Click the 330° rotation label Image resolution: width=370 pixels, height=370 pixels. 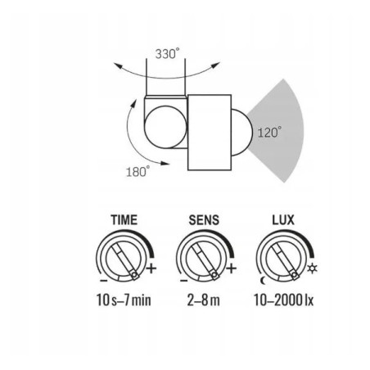click(168, 53)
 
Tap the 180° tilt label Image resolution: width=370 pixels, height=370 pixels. click(138, 171)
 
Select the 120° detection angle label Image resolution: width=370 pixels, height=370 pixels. click(269, 132)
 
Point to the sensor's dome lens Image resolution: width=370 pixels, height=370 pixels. click(242, 133)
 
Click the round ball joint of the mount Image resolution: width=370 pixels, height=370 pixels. click(165, 127)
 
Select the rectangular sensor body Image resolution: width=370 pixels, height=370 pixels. click(210, 133)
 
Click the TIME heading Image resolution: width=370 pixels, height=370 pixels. click(124, 220)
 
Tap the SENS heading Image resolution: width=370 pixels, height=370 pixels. click(204, 220)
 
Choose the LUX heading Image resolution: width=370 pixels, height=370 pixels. click(283, 220)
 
